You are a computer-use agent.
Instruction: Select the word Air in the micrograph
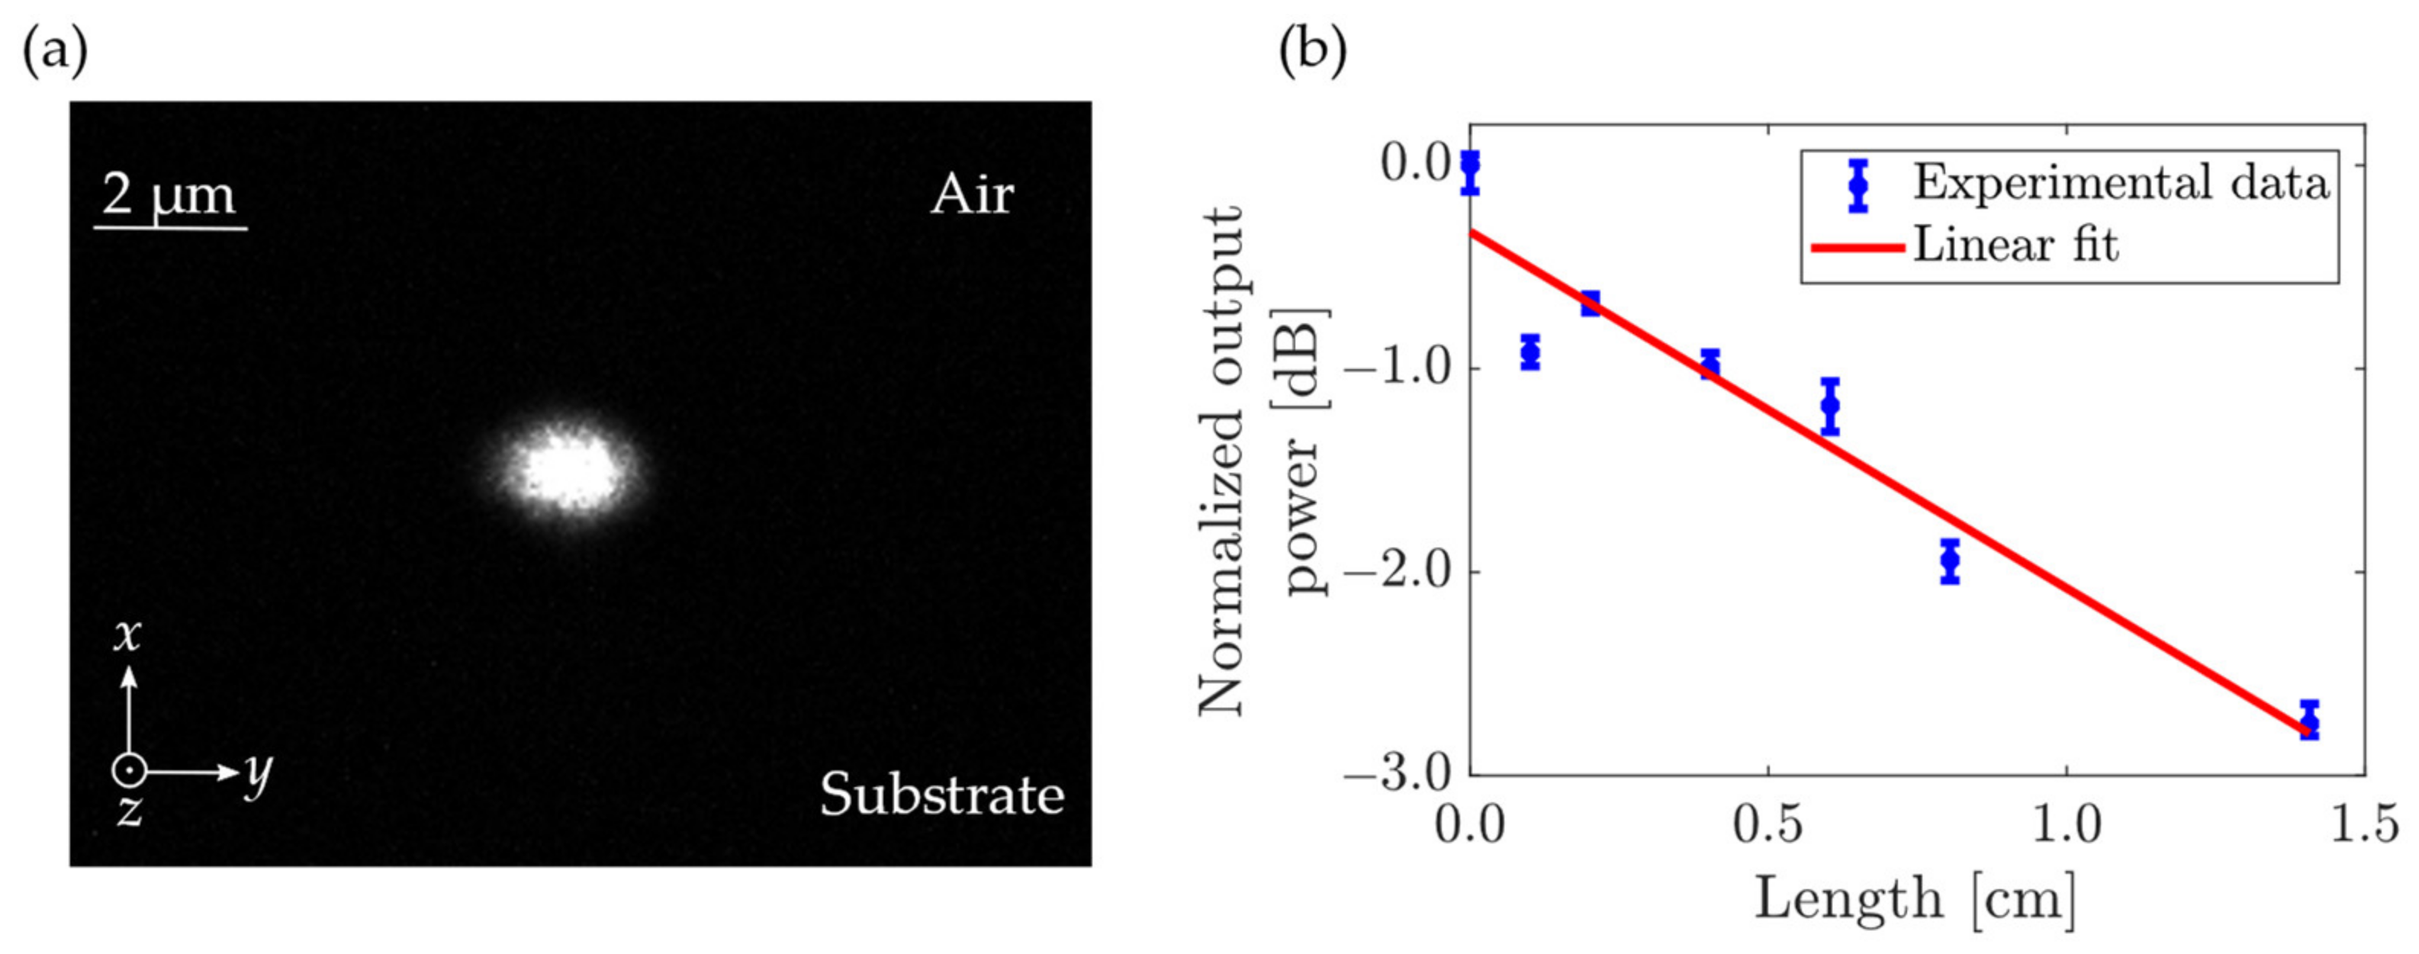coord(972,195)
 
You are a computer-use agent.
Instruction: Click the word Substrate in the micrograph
coord(942,795)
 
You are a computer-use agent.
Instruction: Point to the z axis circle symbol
coord(129,771)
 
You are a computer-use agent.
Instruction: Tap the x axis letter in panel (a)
coord(127,636)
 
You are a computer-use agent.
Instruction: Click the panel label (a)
coord(54,52)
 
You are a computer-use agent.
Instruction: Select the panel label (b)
coord(1312,52)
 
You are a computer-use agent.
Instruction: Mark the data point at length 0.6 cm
coord(1830,406)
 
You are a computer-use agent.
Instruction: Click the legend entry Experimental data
coord(2121,182)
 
